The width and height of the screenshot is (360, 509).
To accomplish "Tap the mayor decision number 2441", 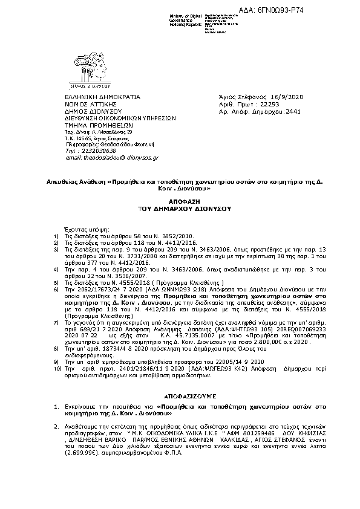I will click(293, 112).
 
